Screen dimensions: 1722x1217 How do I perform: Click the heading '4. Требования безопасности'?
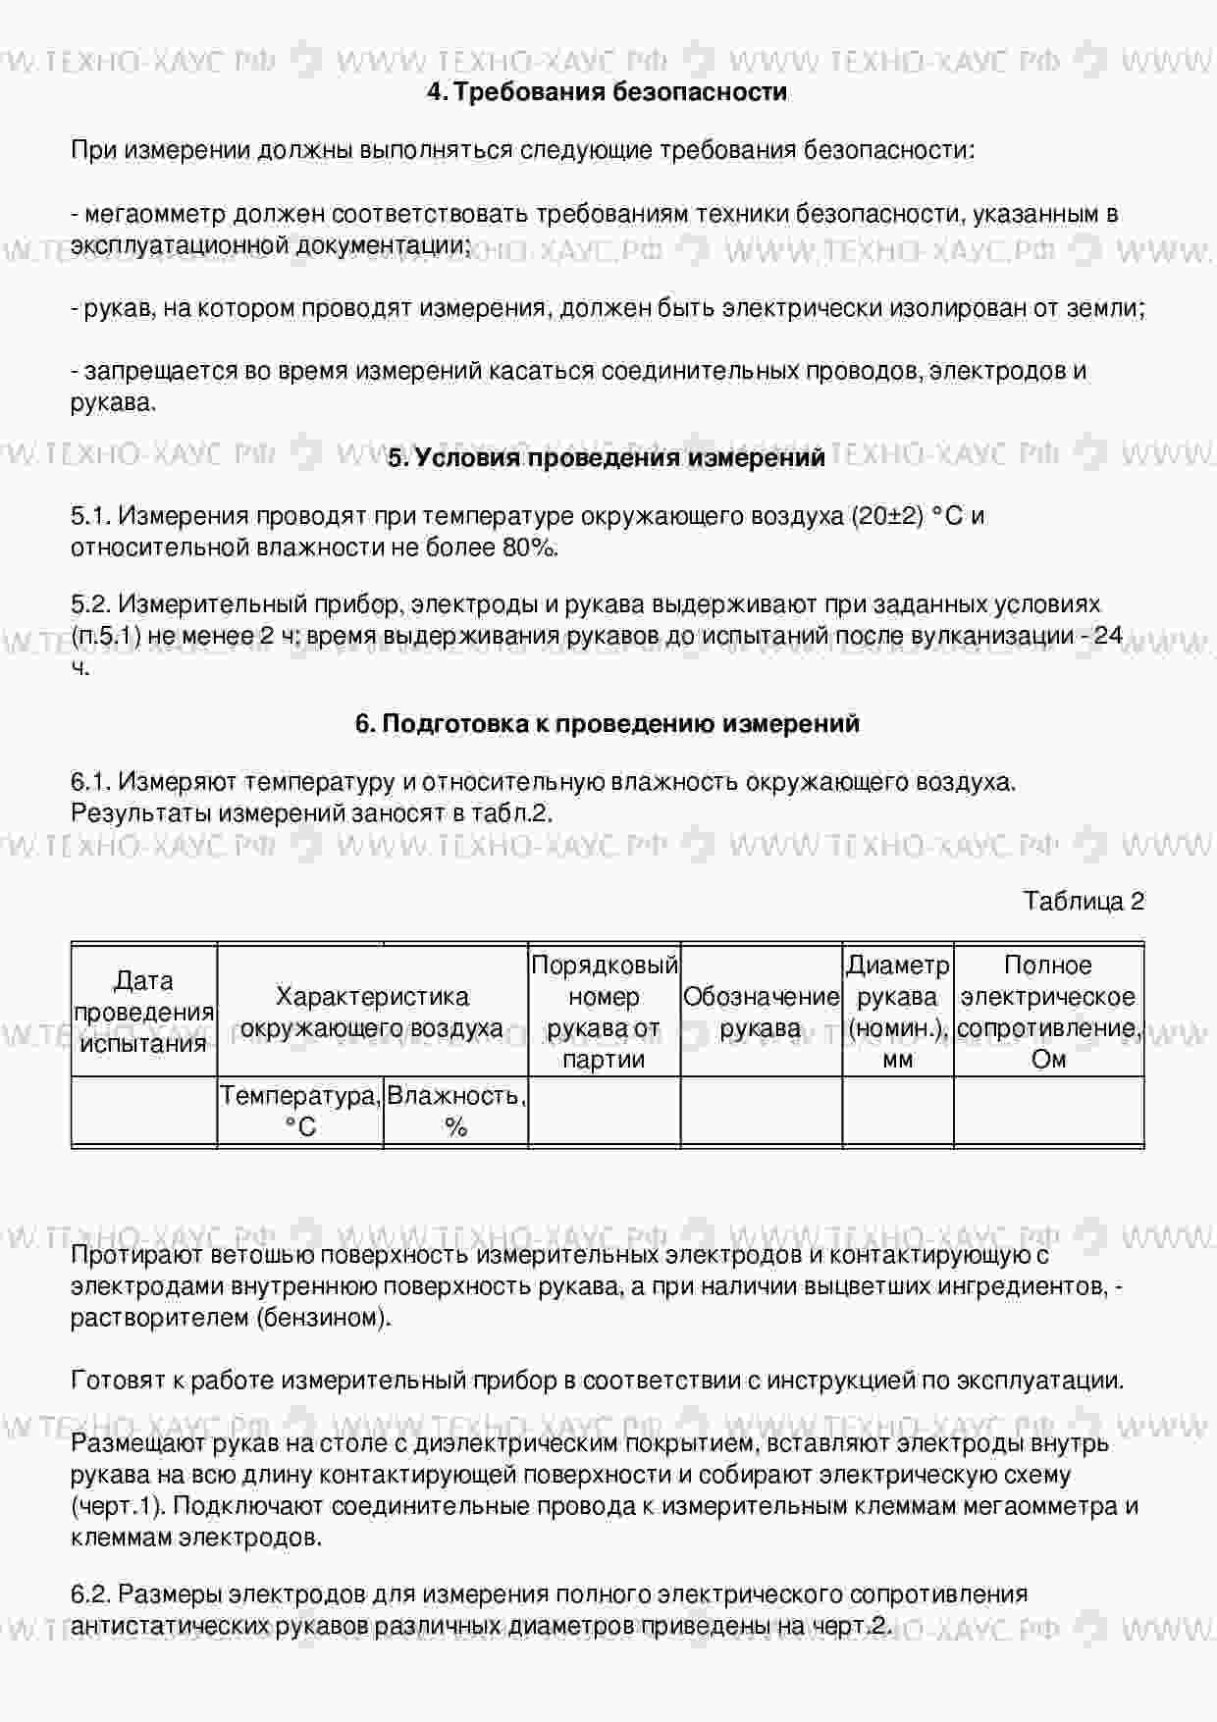click(607, 92)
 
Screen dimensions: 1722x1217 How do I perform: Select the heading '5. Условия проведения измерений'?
click(607, 458)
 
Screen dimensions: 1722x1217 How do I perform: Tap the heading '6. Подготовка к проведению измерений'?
click(607, 724)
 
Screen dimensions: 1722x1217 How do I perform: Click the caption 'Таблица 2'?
click(1084, 901)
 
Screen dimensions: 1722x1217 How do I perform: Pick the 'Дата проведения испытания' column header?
click(144, 1012)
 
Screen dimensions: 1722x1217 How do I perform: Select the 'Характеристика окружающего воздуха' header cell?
click(372, 1012)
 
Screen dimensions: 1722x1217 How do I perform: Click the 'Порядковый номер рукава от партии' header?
click(604, 1012)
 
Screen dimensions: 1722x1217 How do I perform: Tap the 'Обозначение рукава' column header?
click(761, 1012)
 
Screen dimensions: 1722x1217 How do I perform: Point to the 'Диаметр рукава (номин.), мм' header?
click(897, 1012)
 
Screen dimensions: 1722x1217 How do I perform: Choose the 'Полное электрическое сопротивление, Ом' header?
click(1048, 1012)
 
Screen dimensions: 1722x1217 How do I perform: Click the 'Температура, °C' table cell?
click(300, 1111)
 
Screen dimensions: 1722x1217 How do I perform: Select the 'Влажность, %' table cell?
click(455, 1111)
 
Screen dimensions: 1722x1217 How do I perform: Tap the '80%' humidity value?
click(530, 548)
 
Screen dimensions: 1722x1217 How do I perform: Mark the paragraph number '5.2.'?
click(92, 604)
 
